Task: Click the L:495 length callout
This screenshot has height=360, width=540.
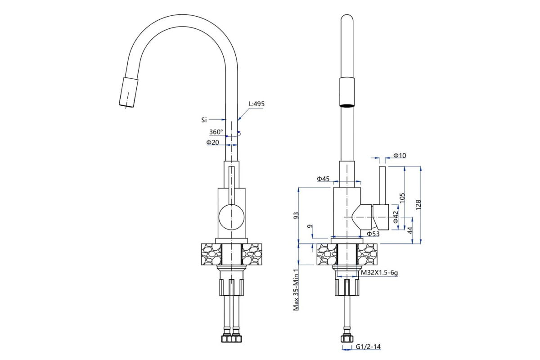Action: point(256,104)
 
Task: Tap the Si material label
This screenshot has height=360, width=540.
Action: point(204,120)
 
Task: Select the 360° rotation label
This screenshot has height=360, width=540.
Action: point(216,132)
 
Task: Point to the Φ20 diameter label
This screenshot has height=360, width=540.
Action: point(212,142)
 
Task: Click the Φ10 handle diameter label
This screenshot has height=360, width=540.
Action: point(400,156)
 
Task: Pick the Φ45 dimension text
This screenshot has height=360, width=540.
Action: point(323,179)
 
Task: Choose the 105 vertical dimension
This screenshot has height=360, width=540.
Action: point(402,198)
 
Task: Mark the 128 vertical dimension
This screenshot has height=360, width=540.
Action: point(418,204)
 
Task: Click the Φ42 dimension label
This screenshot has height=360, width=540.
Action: point(395,217)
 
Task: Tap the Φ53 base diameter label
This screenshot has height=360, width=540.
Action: point(373,234)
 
